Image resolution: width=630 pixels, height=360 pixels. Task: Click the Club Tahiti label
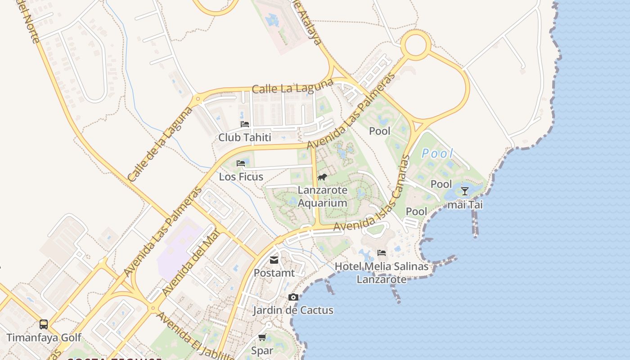click(x=245, y=137)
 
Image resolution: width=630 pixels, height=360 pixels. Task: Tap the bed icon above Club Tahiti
click(x=245, y=124)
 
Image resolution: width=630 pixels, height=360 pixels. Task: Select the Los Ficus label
click(x=241, y=177)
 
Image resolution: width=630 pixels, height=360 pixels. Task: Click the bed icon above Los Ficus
click(x=241, y=163)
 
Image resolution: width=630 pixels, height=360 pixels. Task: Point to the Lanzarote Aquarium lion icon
click(x=322, y=177)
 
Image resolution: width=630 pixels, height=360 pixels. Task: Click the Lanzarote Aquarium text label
click(x=323, y=197)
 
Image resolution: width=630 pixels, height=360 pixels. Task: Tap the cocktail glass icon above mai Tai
click(x=465, y=191)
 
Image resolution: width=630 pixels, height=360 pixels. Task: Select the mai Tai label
click(x=465, y=205)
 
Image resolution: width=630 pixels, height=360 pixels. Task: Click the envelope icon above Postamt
click(x=274, y=260)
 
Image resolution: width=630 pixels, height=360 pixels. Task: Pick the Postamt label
click(x=274, y=273)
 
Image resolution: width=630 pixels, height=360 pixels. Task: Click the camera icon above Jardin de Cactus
click(x=293, y=297)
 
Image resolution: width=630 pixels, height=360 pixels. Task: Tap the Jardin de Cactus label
click(x=293, y=310)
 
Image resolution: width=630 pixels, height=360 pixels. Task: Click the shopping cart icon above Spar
click(x=262, y=337)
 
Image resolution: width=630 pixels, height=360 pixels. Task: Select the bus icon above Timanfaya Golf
click(x=44, y=324)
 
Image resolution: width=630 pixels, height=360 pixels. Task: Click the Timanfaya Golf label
click(x=44, y=337)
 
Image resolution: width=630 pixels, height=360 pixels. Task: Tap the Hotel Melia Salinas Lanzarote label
click(x=382, y=273)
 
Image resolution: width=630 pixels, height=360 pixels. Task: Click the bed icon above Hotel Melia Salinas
click(x=382, y=252)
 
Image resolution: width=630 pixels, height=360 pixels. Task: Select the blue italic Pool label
click(x=437, y=154)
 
